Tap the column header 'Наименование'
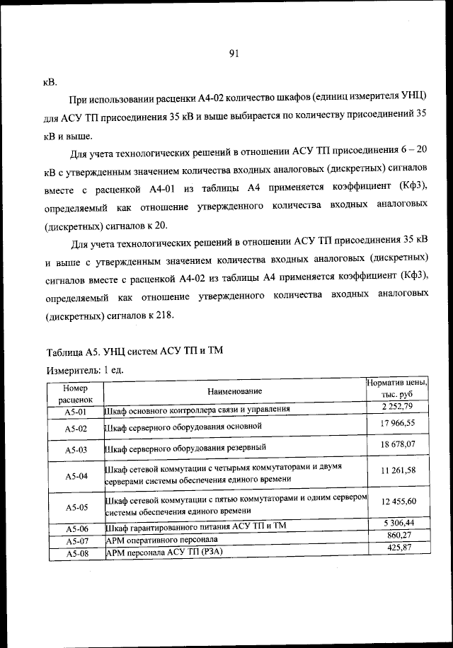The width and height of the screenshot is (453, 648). [234, 391]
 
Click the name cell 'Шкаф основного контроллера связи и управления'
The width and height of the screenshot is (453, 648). [197, 410]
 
